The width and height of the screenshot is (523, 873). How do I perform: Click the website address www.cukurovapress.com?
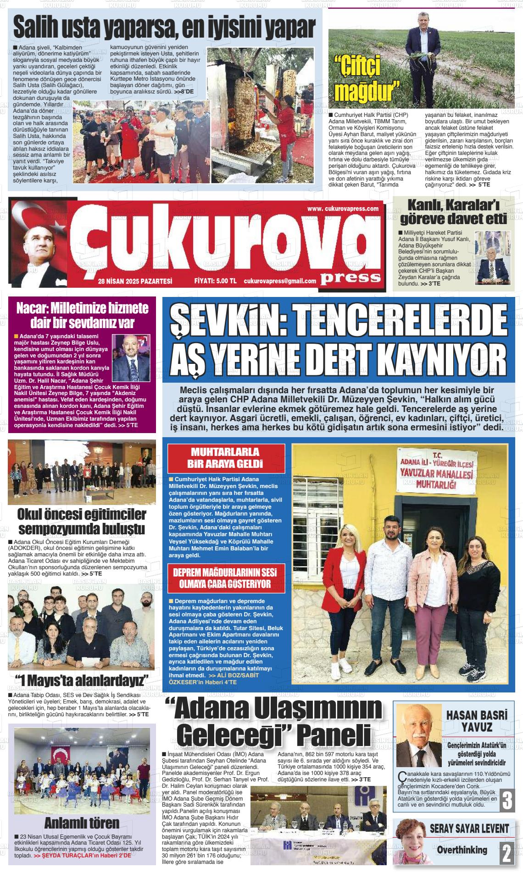(343, 209)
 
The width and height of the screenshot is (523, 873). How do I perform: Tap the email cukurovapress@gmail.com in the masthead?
(280, 281)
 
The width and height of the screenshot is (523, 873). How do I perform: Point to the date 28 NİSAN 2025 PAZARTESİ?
(135, 281)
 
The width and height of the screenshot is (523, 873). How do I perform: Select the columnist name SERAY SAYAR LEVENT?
(469, 828)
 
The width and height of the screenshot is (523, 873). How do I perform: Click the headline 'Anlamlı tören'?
(81, 823)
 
